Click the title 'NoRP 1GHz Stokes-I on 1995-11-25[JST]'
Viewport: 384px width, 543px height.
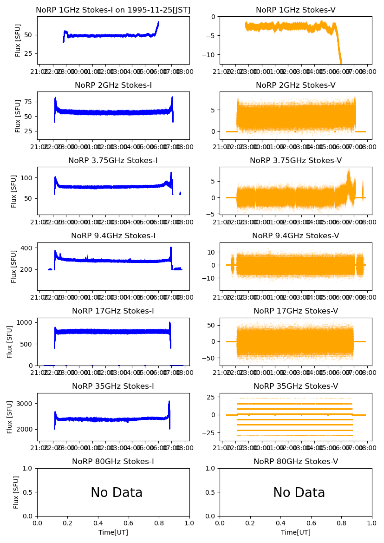point(113,10)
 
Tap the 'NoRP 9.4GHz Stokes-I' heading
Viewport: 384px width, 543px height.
point(113,236)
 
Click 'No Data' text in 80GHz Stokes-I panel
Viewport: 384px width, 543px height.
point(117,493)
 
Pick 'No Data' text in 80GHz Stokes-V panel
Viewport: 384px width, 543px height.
point(299,493)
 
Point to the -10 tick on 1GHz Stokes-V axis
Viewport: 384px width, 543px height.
point(211,55)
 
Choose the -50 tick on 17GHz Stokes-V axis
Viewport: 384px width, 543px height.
point(211,358)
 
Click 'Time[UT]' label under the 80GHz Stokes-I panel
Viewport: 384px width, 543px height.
point(113,532)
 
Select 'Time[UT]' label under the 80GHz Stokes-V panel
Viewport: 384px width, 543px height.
point(296,532)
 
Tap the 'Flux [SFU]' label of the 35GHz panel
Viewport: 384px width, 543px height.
point(10,417)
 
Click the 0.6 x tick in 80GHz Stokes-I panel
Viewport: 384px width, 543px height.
point(129,523)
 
